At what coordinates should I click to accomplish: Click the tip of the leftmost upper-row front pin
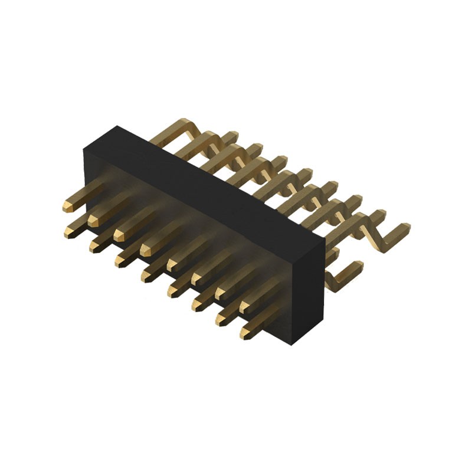point(67,206)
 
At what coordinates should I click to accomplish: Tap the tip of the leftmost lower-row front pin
point(69,232)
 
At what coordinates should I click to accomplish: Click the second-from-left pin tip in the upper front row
point(93,220)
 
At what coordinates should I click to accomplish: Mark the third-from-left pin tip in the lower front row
point(120,260)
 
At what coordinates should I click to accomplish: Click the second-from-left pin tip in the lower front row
point(94,246)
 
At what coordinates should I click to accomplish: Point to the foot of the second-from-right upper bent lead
point(374,215)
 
